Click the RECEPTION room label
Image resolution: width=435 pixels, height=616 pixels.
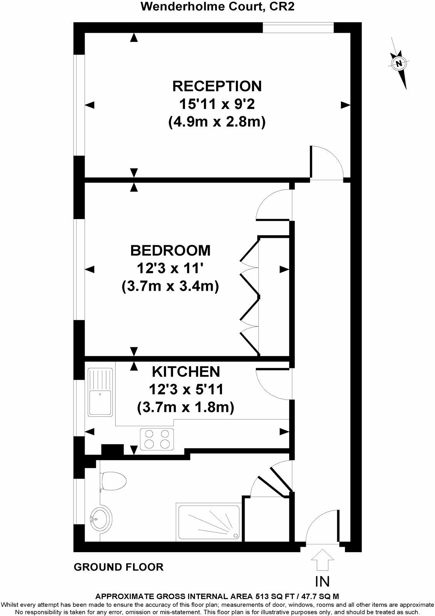[x=217, y=86]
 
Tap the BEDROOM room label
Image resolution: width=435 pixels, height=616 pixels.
[x=170, y=251]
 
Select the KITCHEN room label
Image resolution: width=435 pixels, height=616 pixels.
[x=186, y=372]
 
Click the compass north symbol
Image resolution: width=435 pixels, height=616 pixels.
[x=399, y=64]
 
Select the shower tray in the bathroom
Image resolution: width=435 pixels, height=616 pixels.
[x=209, y=521]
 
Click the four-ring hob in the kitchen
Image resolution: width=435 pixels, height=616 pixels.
[x=157, y=439]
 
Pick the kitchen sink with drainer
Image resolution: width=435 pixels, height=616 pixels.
[x=101, y=392]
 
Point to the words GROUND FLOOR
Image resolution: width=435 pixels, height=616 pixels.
[x=118, y=567]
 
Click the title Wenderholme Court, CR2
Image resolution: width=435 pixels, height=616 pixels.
[x=217, y=7]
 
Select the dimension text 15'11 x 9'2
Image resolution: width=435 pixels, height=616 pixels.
[x=217, y=104]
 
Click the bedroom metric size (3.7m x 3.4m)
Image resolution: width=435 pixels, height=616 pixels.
[x=170, y=286]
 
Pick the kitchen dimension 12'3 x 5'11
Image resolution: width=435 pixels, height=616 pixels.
[x=186, y=390]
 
